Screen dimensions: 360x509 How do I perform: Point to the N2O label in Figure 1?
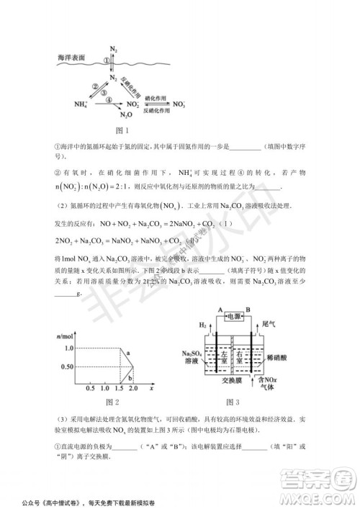[x=125, y=115]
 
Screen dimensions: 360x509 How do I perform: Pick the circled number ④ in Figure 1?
[x=109, y=100]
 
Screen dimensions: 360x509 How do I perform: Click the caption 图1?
[x=122, y=131]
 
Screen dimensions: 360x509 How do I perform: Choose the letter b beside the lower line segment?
[x=129, y=374]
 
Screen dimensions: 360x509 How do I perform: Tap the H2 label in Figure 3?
[x=203, y=325]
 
